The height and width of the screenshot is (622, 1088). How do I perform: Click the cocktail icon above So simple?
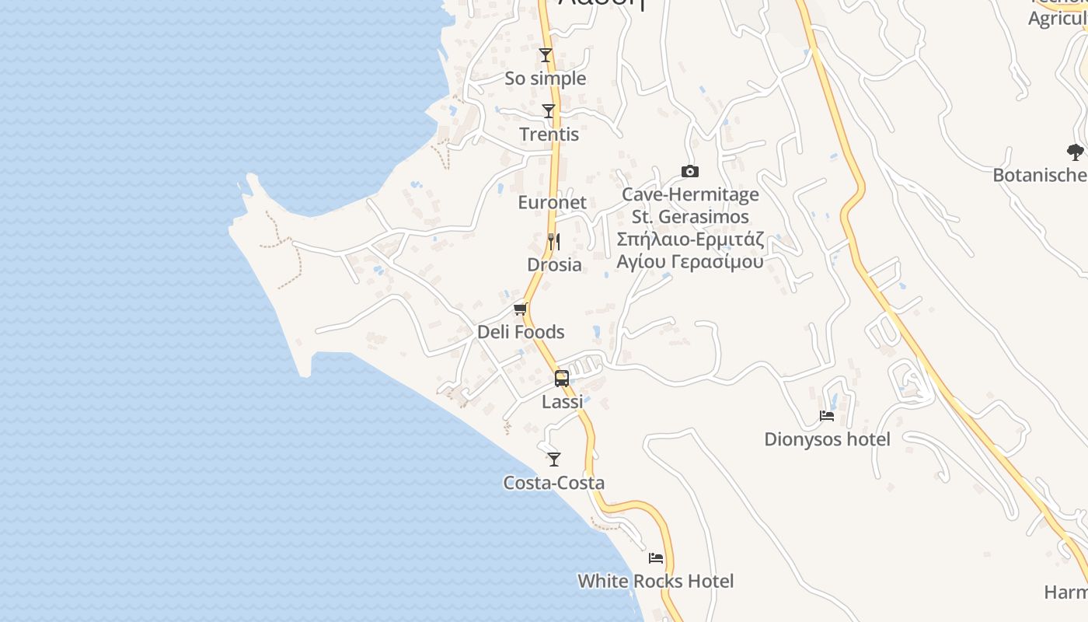[x=546, y=55]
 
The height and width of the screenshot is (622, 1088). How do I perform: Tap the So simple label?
[x=546, y=79]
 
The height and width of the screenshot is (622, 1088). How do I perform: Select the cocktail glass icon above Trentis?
[x=549, y=111]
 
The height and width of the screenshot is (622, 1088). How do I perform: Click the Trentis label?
[x=549, y=135]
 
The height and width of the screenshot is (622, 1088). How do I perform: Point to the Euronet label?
[x=552, y=202]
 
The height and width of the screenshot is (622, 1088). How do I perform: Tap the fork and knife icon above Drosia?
[x=553, y=241]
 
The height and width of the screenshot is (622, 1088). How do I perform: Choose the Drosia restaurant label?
[x=554, y=264]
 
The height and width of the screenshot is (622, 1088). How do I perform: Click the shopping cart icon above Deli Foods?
[x=521, y=309]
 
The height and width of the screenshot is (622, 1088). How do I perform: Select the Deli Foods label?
[x=521, y=332]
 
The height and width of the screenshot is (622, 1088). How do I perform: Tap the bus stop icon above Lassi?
[x=562, y=379]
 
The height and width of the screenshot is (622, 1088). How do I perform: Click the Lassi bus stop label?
[x=562, y=402]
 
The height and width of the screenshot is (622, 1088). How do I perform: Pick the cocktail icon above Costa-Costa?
[x=553, y=460]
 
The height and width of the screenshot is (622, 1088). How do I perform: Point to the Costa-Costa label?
[x=553, y=483]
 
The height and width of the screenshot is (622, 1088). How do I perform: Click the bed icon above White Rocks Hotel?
[x=656, y=557]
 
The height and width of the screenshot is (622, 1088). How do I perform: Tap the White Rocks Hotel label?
[x=655, y=581]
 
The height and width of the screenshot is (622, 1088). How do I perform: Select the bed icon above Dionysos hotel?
[x=827, y=416]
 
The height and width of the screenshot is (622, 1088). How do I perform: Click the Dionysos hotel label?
[x=827, y=439]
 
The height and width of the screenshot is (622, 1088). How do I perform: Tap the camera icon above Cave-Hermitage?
[x=689, y=171]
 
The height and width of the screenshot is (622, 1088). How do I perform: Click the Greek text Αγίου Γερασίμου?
[x=690, y=261]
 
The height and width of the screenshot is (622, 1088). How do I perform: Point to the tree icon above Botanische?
[x=1075, y=152]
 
